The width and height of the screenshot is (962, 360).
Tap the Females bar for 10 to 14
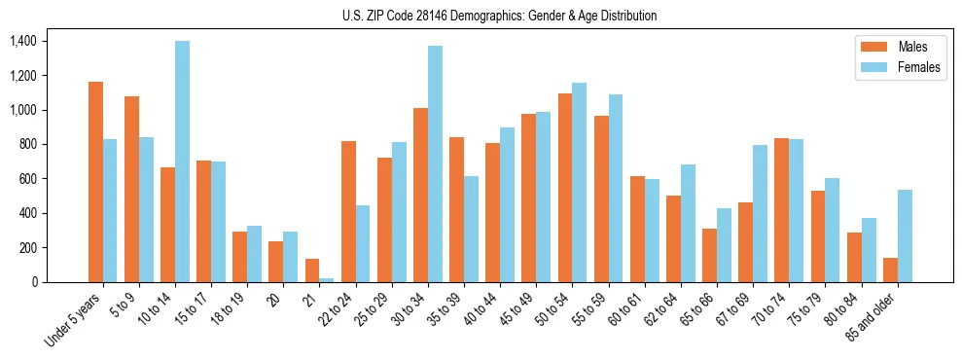point(182,162)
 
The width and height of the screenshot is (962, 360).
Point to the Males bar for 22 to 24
point(348,211)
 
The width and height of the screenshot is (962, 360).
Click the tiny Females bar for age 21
point(327,279)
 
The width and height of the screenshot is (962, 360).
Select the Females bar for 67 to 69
point(760,213)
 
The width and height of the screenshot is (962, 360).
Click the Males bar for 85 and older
point(890,270)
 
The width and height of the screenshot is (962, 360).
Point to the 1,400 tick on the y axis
point(22,41)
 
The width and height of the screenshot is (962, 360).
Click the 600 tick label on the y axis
point(26,179)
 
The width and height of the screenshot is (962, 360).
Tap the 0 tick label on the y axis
point(35,282)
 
